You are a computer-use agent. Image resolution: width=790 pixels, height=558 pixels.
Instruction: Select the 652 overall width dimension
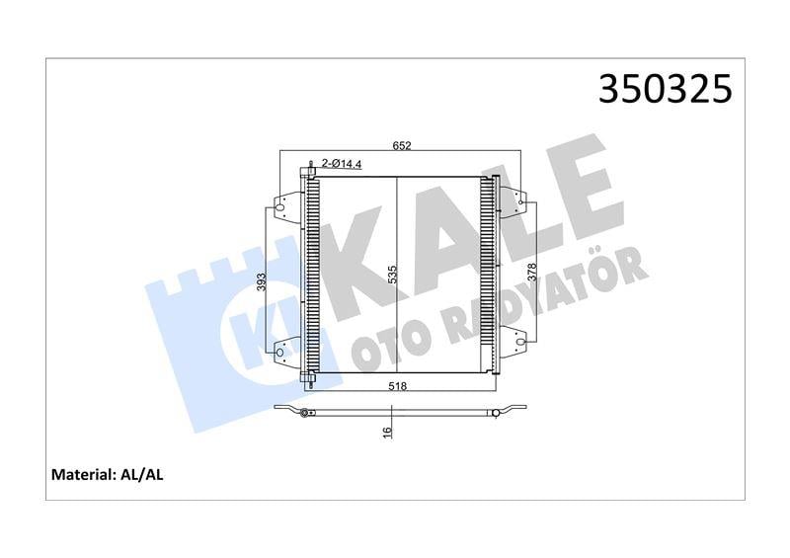point(402,146)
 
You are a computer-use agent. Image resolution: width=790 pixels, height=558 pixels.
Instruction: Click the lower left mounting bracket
point(286,353)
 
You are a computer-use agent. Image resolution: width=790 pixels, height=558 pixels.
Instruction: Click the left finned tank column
point(312,275)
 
